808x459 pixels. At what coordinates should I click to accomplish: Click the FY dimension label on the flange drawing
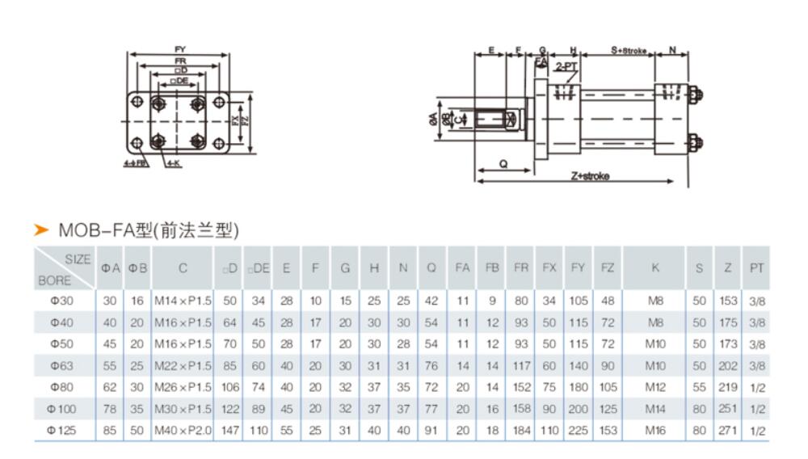[x=179, y=50]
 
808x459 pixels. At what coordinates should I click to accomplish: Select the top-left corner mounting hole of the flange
[x=138, y=102]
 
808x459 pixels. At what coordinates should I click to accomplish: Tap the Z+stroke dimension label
[x=591, y=175]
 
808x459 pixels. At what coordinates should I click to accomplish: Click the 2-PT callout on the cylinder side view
[x=566, y=67]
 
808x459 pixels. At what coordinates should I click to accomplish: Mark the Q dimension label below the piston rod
[x=503, y=163]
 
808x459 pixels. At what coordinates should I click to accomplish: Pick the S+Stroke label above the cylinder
[x=629, y=50]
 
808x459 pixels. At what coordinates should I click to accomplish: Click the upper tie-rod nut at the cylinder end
[x=696, y=96]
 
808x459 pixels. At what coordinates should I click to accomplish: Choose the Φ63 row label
[x=60, y=365]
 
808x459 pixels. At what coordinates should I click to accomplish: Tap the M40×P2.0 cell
[x=183, y=431]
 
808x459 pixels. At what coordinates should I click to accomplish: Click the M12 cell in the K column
[x=655, y=387]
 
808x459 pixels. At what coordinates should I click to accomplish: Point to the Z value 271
[x=727, y=431]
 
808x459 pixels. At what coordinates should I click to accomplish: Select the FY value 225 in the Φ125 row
[x=578, y=431]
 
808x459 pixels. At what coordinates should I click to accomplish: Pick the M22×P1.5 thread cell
[x=183, y=365]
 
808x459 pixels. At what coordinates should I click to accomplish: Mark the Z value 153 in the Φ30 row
[x=727, y=301]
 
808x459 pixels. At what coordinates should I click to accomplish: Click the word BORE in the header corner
[x=53, y=282]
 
